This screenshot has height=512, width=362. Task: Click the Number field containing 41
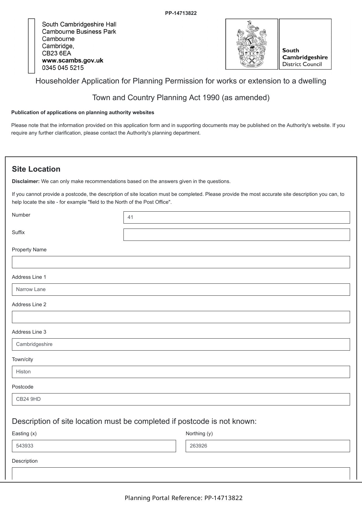coord(236,217)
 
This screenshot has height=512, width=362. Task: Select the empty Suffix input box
coord(236,235)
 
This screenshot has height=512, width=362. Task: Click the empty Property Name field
coord(181,262)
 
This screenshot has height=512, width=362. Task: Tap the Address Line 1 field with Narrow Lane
coord(181,290)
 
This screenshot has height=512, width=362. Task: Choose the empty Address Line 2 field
coord(181,317)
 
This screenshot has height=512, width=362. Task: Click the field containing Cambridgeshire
coord(181,344)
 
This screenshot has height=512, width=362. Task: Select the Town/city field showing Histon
coord(181,372)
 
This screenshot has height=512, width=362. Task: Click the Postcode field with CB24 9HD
coord(181,399)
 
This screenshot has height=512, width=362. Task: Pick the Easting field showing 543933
coord(94,446)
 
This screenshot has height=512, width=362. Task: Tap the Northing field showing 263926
coord(268,446)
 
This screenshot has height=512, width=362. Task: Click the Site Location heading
coord(36,169)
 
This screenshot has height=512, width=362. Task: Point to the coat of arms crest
coord(251,44)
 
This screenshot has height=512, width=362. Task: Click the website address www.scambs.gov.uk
coord(73,61)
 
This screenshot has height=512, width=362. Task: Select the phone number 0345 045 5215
coord(63,68)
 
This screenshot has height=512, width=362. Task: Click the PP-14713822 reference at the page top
coord(181,13)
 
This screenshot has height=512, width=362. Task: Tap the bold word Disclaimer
coord(26,182)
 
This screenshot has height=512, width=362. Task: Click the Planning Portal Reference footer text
coord(184,498)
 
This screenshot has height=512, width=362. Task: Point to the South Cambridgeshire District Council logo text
coord(305,58)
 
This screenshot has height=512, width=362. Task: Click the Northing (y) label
coord(199,433)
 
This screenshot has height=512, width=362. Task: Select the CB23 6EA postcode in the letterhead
coord(57,53)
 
